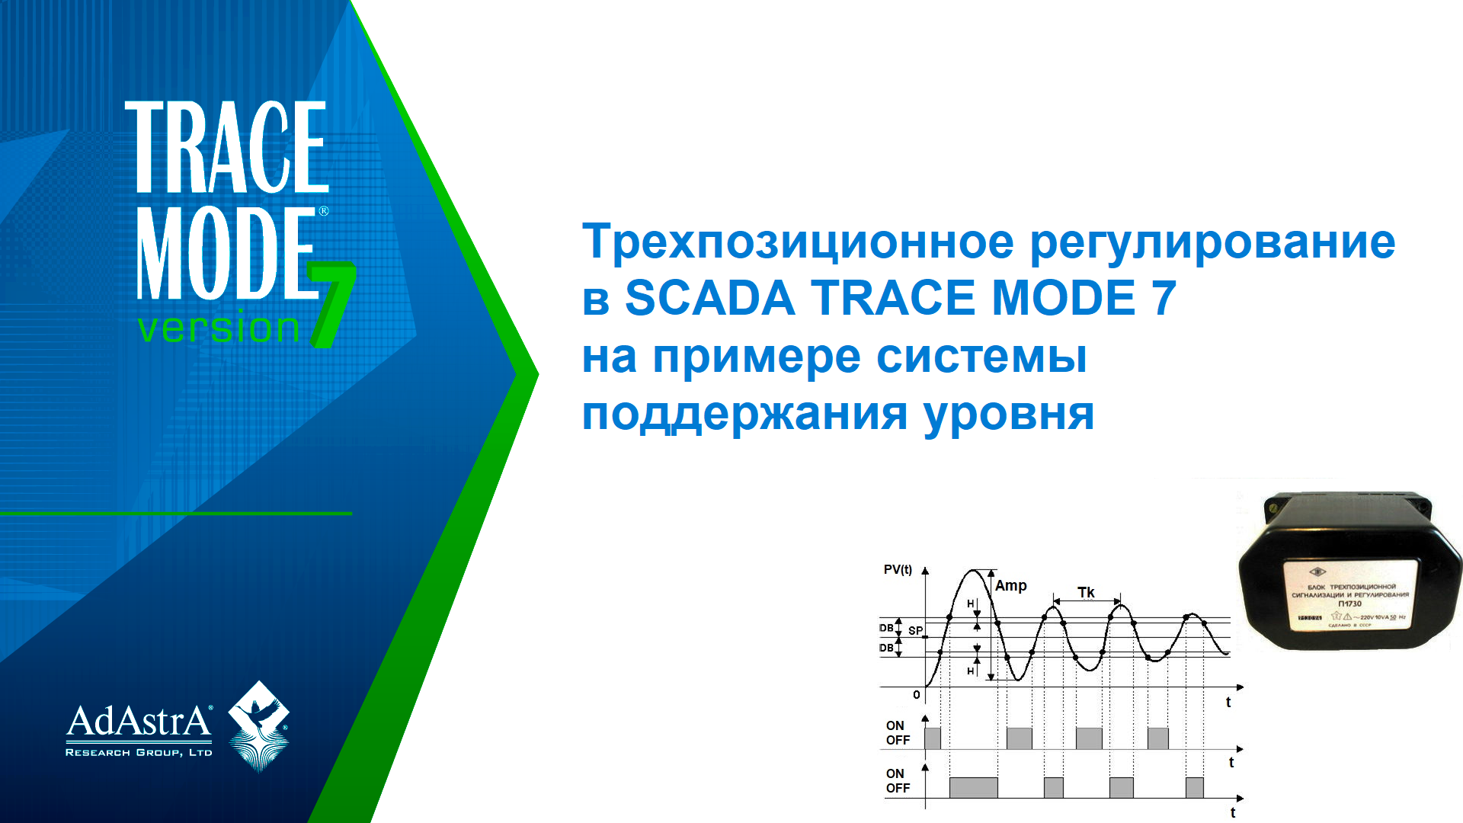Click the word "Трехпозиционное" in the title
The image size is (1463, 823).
(798, 242)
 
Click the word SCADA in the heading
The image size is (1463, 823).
(709, 298)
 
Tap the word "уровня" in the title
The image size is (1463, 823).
(1009, 415)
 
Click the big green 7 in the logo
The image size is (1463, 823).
(332, 305)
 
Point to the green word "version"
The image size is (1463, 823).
(219, 328)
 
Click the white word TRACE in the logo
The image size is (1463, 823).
(226, 147)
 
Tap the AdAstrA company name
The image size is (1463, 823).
(139, 721)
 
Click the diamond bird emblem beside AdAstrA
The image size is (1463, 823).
(259, 725)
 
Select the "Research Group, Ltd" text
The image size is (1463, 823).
(139, 753)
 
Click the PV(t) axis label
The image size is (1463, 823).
(898, 570)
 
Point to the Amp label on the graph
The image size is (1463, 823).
(1010, 586)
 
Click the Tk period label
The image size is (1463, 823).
(1086, 592)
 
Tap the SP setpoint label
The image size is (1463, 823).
(915, 631)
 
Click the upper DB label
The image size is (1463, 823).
(886, 629)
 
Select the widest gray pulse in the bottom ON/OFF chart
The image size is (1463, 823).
(973, 788)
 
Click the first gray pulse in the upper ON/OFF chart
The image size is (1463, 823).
(933, 738)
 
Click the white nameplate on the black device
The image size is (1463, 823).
(1350, 597)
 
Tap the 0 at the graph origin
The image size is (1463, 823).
(917, 695)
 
